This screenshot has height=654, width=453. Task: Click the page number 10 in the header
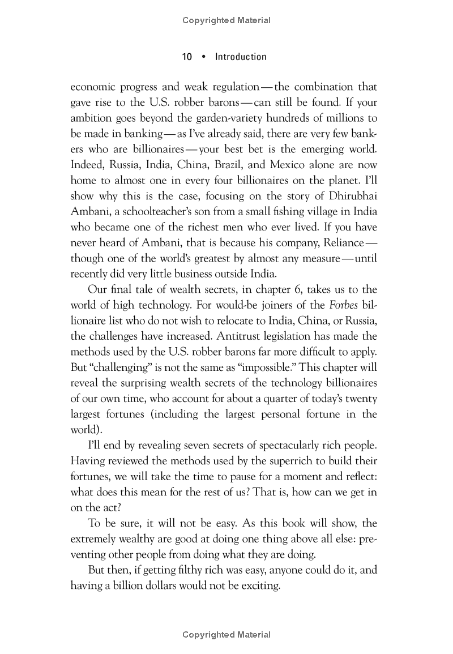click(x=187, y=57)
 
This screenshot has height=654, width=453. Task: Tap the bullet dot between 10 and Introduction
click(x=204, y=57)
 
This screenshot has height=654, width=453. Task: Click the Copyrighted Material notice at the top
click(x=226, y=20)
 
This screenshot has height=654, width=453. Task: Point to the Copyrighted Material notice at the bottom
click(x=226, y=635)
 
